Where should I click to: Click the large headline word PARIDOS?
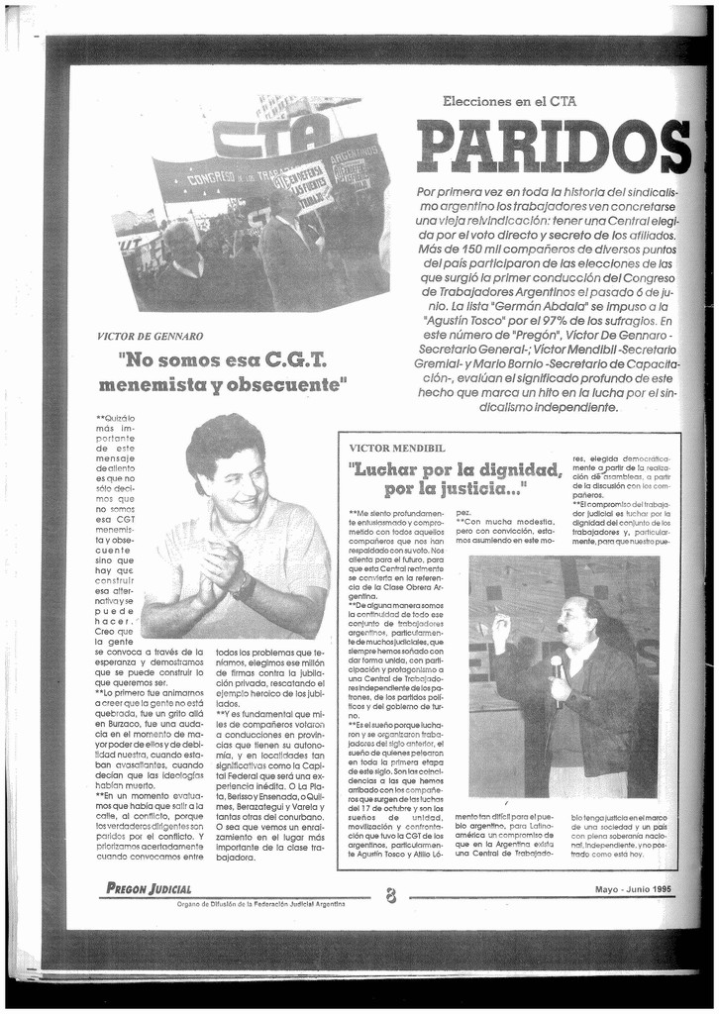552,146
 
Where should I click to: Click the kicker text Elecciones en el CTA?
509,101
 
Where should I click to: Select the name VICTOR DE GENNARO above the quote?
151,337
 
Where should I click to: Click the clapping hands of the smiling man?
219,571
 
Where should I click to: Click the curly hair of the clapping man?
224,438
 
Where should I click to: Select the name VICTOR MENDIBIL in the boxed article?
394,448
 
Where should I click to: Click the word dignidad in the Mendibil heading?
506,469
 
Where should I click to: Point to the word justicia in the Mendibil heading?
468,489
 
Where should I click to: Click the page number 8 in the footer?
391,894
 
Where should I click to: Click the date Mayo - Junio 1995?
633,888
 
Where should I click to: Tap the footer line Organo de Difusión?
261,904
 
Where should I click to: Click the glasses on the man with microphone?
570,614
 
